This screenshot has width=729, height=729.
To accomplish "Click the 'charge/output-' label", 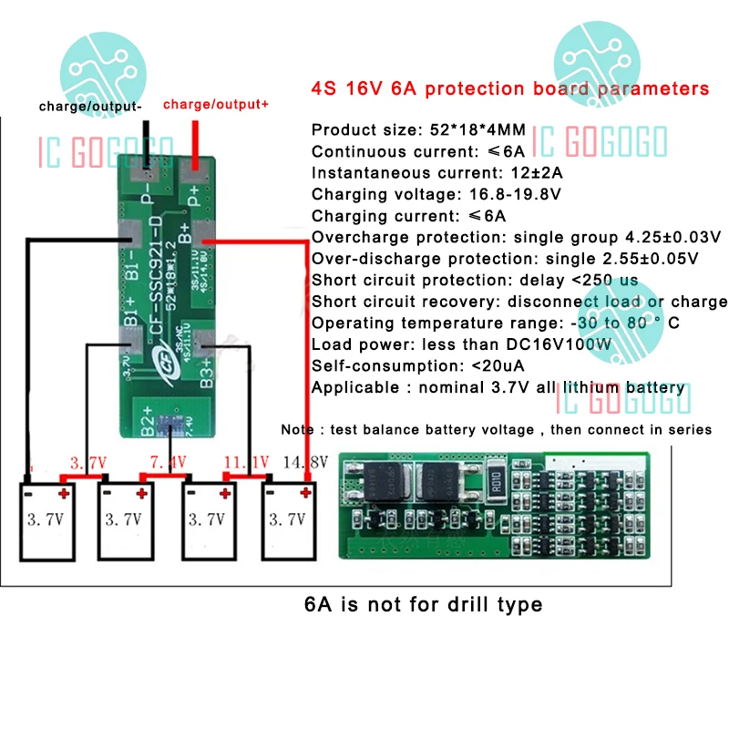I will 90,107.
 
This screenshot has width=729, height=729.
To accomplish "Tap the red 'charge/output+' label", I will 216,105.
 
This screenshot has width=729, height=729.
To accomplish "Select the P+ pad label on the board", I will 193,193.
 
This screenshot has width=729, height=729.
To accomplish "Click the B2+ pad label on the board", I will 146,420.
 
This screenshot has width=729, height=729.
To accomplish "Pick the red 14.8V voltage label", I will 306,463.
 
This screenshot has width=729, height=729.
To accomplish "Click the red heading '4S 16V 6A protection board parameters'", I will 509,89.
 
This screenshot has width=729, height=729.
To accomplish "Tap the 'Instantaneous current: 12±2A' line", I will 437,172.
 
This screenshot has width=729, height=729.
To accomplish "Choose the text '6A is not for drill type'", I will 423,603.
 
